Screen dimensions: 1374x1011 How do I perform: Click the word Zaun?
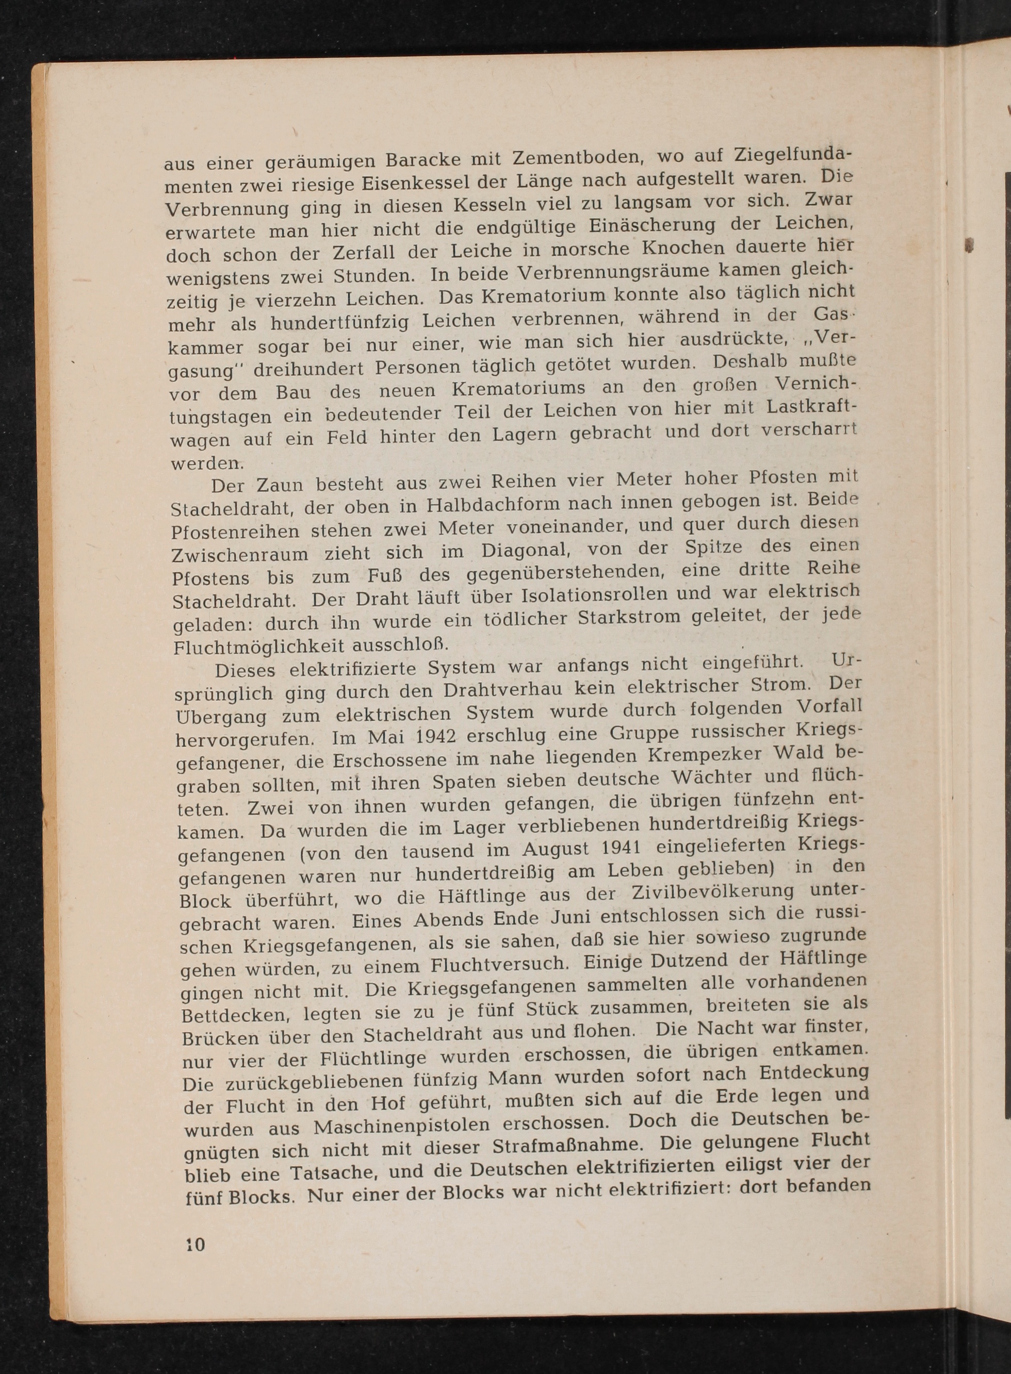tap(279, 485)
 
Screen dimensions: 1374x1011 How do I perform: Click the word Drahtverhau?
tap(502, 690)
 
